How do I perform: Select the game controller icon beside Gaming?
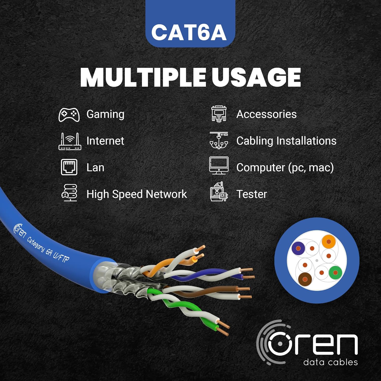[x=69, y=115]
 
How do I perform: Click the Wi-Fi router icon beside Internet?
[x=70, y=141]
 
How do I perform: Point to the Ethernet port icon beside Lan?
[x=69, y=167]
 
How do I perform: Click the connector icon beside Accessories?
[x=219, y=114]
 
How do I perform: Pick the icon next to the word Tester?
[x=218, y=192]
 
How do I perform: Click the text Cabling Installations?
[x=286, y=141]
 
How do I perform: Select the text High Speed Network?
[x=137, y=194]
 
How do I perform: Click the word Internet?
[x=105, y=141]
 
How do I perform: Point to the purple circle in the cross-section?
[x=298, y=248]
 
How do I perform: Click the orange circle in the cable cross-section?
[x=329, y=242]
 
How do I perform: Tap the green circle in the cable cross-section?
[x=335, y=273]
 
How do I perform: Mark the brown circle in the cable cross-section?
[x=305, y=279]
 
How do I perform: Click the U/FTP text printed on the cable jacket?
[x=61, y=257]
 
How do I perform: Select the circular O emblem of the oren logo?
[x=279, y=344]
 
